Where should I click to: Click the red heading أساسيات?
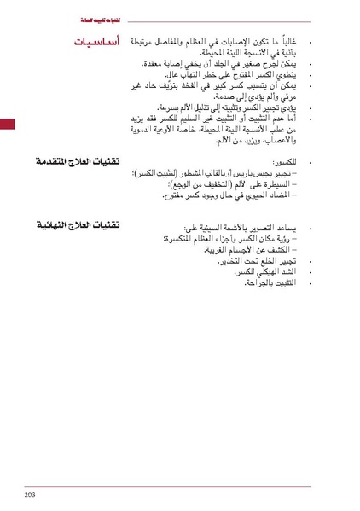tap(96, 41)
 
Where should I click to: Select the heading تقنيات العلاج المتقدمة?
tap(78, 161)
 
